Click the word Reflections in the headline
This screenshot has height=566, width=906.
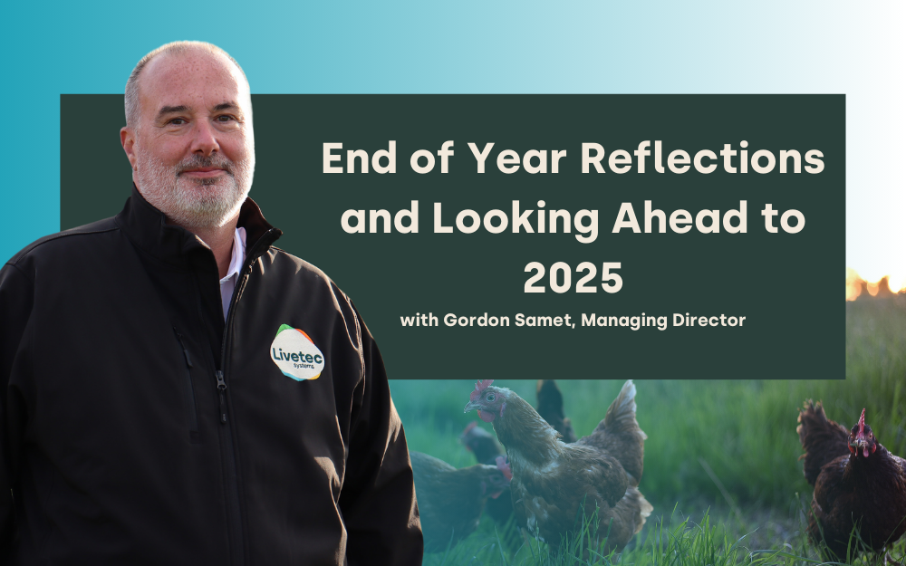(x=702, y=158)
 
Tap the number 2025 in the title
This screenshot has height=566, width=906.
(x=573, y=278)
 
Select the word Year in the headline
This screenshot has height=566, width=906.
(x=517, y=158)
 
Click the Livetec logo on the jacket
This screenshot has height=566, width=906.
(x=297, y=353)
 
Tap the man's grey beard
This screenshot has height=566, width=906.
(x=194, y=190)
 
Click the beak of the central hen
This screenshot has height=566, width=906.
(x=470, y=407)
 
